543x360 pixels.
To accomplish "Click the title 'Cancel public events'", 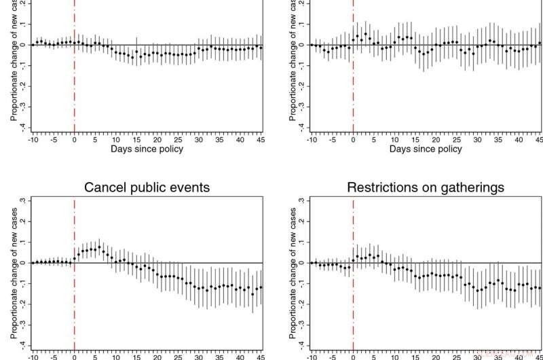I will (147, 187).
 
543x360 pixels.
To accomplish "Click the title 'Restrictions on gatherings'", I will (426, 187).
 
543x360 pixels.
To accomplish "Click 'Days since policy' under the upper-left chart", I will (147, 149).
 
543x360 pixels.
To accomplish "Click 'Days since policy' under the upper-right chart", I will (426, 149).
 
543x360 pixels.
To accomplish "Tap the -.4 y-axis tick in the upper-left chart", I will (23, 128).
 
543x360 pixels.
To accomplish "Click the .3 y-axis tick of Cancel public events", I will (23, 201).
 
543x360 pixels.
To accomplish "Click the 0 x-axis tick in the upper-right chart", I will (353, 140).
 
